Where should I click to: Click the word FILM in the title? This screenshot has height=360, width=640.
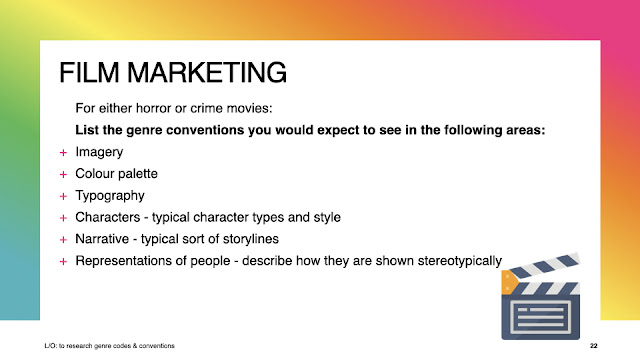89,73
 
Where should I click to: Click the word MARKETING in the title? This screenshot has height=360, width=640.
207,73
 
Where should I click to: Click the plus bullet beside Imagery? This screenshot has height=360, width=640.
63,153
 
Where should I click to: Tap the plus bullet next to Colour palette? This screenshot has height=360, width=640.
63,174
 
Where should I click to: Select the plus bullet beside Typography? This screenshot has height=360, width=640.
63,196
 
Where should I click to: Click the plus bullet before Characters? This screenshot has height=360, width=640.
63,218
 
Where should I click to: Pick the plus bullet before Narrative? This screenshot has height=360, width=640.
63,240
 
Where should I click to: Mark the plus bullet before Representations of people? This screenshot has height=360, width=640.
63,261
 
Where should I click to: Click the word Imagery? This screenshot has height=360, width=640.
99,152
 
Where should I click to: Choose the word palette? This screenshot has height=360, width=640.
137,173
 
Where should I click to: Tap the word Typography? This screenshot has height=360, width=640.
110,196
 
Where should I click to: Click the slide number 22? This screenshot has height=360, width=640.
593,346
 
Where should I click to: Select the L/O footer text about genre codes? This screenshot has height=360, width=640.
109,346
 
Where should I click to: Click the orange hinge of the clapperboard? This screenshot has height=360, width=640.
509,282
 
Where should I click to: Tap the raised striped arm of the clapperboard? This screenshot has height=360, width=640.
544,266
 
